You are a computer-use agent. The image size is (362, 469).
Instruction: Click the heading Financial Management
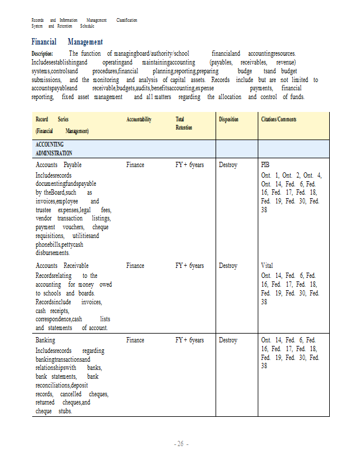[67, 42]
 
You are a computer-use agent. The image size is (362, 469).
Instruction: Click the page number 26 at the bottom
[180, 444]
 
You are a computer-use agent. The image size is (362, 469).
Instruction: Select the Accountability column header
[139, 120]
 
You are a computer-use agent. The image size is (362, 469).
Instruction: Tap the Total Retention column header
[183, 123]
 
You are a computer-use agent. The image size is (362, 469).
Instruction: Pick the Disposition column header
[228, 120]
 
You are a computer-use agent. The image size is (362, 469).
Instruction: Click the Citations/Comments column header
[278, 120]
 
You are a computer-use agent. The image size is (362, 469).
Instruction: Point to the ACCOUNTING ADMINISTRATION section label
[54, 148]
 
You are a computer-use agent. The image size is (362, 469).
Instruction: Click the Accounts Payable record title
[59, 165]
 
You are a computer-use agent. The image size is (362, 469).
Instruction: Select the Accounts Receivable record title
[62, 266]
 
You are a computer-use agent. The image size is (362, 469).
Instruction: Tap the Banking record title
[46, 340]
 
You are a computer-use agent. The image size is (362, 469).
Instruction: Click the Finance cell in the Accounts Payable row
[135, 165]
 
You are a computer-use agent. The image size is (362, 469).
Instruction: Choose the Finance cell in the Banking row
[135, 340]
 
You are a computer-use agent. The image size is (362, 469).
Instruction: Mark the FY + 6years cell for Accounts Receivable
[189, 266]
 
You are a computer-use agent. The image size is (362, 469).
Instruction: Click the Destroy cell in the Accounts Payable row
[228, 165]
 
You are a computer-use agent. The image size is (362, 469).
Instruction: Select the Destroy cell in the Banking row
[228, 340]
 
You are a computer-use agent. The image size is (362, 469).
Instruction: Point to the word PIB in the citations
[265, 165]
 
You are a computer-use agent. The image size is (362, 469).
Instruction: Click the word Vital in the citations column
[267, 266]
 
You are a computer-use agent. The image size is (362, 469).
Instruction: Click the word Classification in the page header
[127, 21]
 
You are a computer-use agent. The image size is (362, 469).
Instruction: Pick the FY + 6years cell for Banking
[189, 340]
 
